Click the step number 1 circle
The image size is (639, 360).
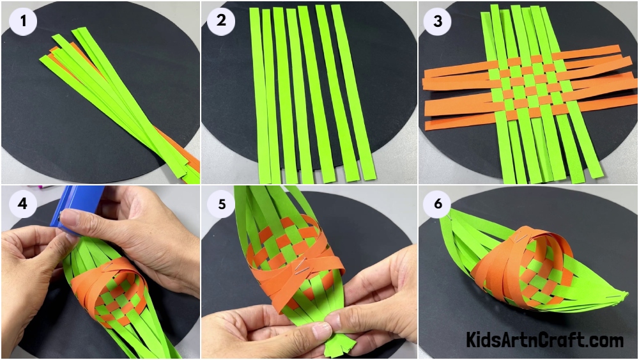click(x=23, y=21)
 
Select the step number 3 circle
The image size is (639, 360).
click(x=437, y=21)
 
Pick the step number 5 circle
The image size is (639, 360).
click(x=221, y=203)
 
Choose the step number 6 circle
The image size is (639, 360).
click(x=437, y=203)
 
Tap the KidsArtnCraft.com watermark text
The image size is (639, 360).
click(x=544, y=339)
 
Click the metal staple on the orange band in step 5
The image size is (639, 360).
click(x=300, y=266)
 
